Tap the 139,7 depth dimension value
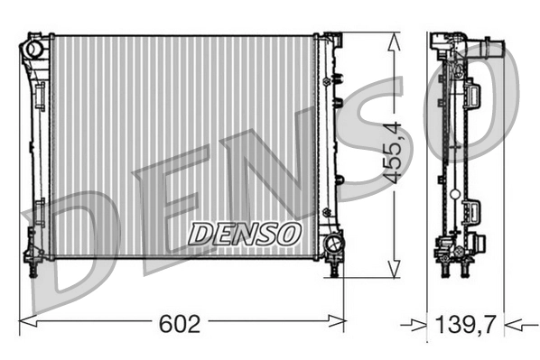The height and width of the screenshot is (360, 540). [465, 322]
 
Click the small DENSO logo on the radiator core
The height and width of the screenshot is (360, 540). [245, 234]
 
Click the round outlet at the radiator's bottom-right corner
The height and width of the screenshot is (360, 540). [332, 243]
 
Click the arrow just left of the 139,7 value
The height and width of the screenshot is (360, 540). [418, 322]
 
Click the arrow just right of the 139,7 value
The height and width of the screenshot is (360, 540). [512, 322]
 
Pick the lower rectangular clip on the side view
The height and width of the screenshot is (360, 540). [471, 213]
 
